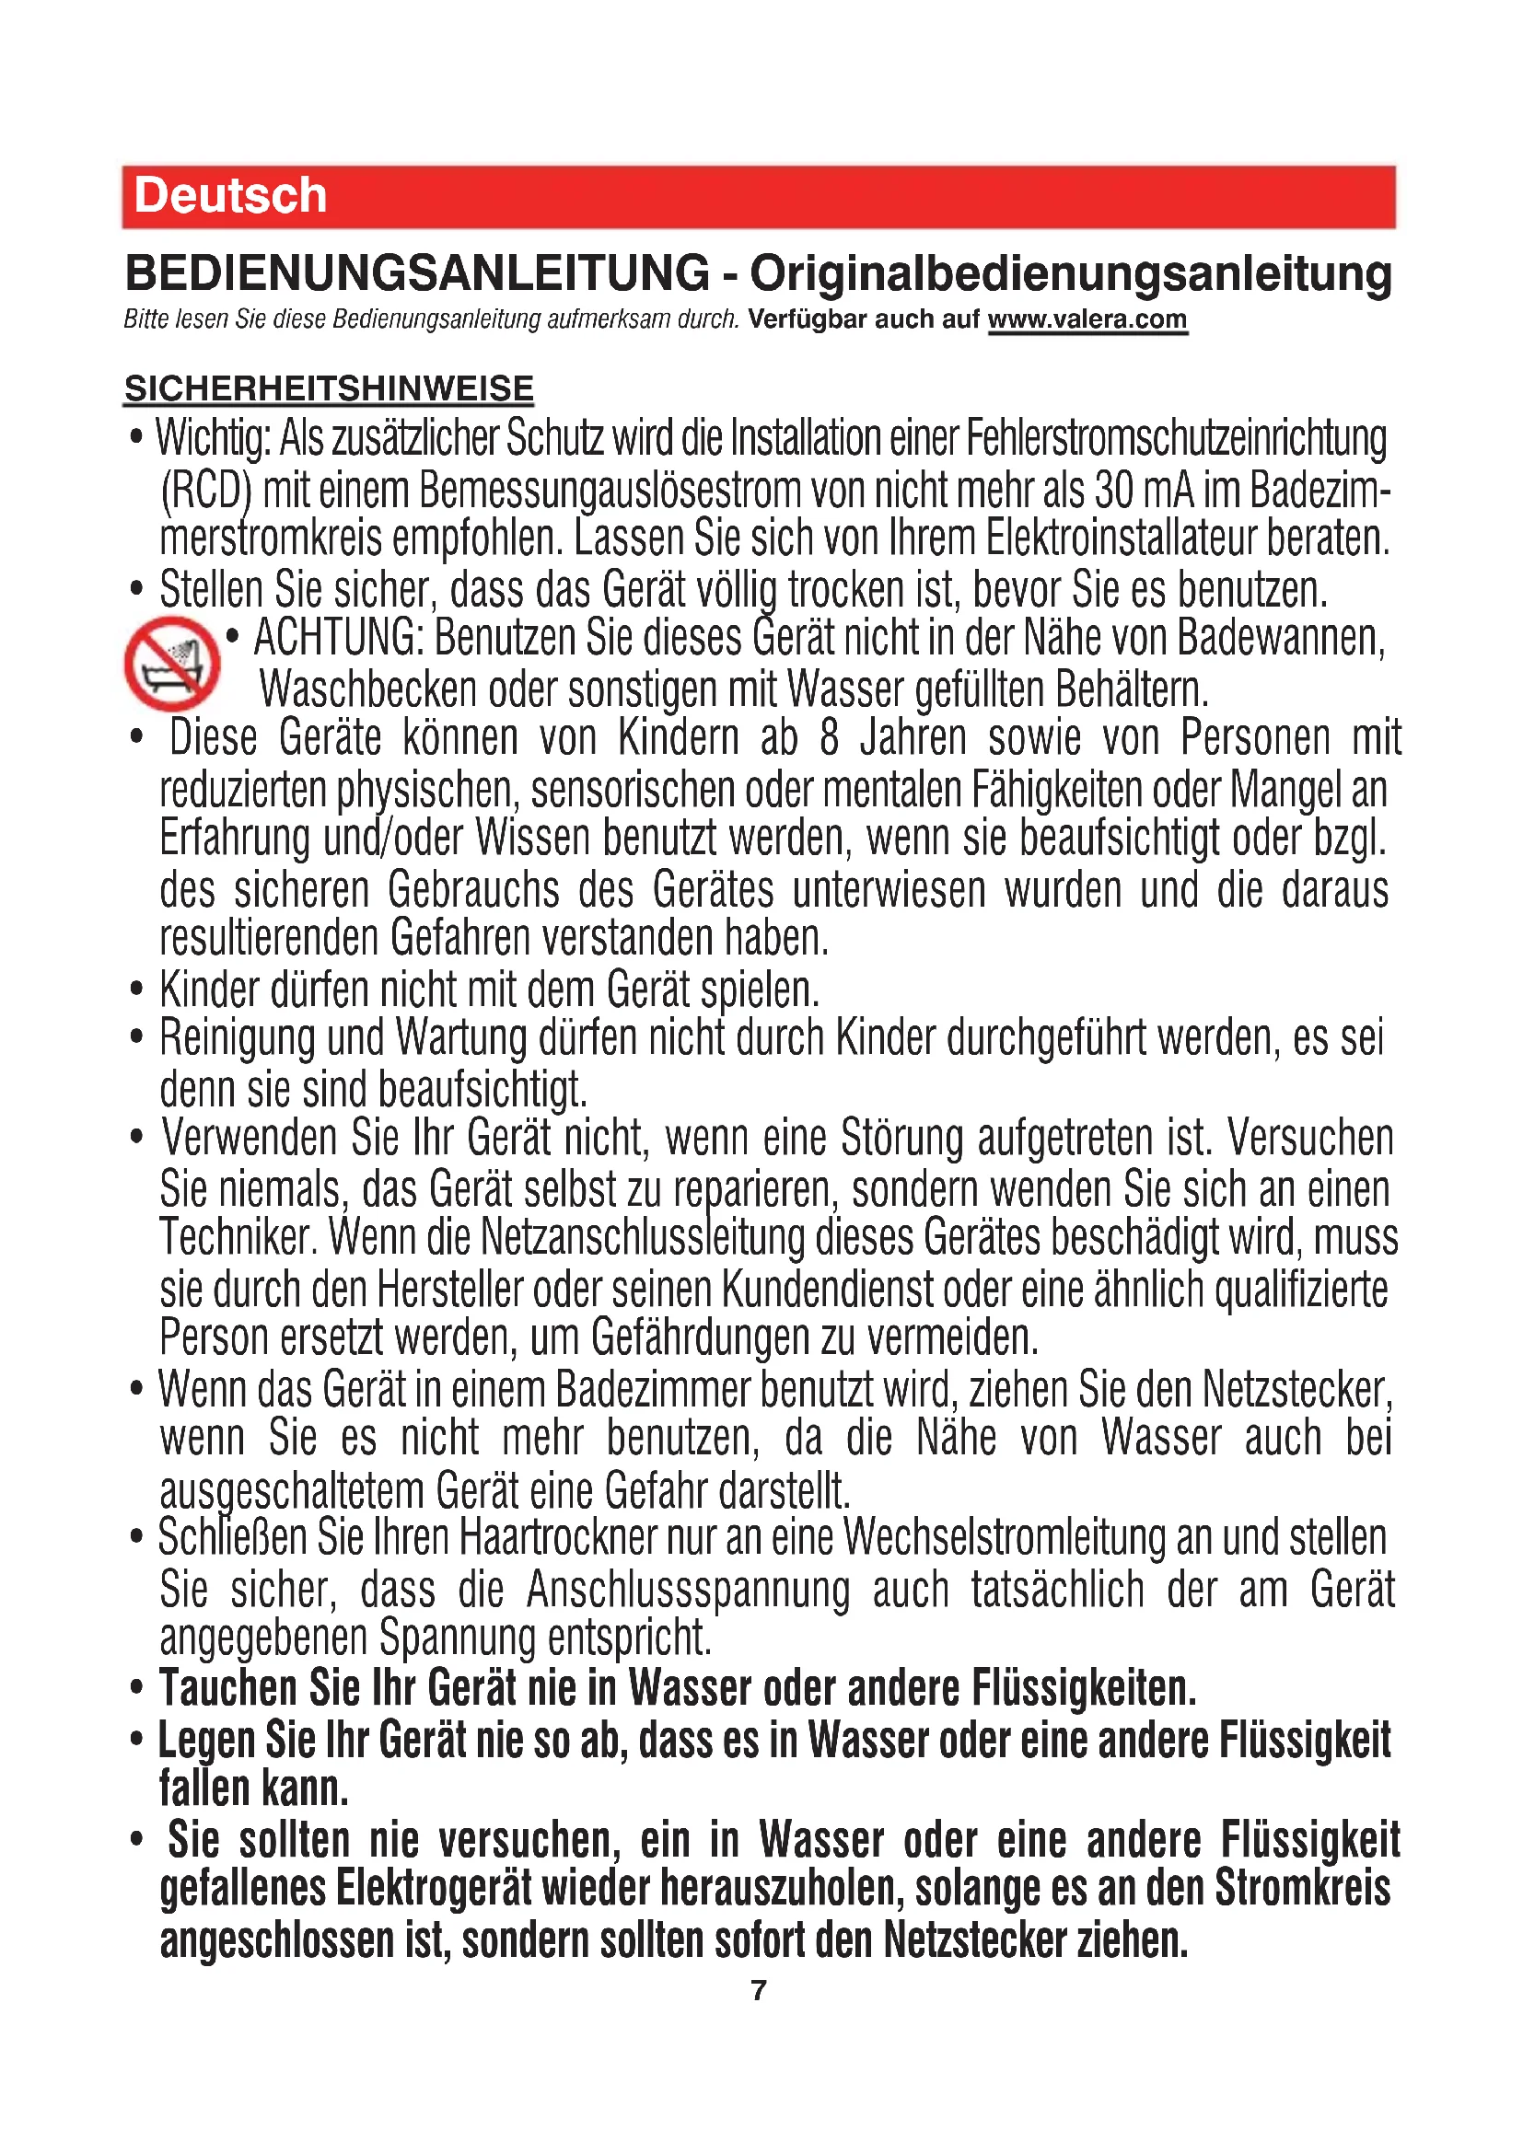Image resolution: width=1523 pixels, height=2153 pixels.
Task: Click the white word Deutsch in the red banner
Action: click(x=230, y=196)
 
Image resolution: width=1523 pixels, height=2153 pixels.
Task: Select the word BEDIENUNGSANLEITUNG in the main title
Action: click(x=417, y=272)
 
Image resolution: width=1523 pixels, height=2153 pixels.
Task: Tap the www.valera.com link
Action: click(x=1087, y=318)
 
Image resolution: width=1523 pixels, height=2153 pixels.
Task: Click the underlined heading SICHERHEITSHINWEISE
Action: click(x=328, y=388)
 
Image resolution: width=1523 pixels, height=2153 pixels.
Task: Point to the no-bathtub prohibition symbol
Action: click(x=171, y=663)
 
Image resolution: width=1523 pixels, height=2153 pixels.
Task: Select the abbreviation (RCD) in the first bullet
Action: click(x=205, y=492)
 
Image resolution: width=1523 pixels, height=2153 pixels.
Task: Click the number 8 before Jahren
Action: click(x=828, y=737)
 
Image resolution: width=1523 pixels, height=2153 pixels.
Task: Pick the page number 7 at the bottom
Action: click(x=759, y=1989)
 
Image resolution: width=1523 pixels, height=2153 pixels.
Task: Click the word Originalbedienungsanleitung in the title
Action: click(x=1070, y=272)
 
